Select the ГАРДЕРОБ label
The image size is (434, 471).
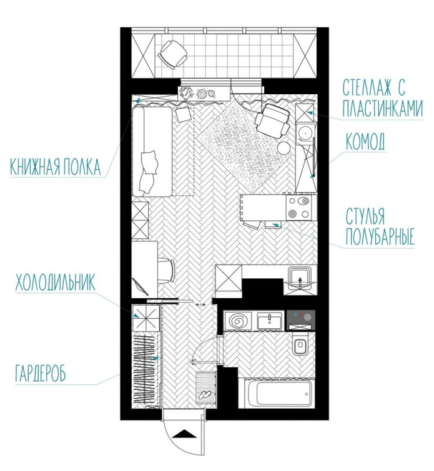point(39,375)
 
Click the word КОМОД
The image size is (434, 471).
point(366,142)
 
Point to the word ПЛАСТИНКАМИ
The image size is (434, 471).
point(379,110)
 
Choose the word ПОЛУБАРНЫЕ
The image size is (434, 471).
point(380,238)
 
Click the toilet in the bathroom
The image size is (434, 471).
point(300,345)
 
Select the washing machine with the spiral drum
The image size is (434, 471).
point(239,321)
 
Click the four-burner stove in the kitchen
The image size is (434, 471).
point(298,208)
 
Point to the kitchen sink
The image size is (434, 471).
point(299,278)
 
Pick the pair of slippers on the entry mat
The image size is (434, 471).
point(204,394)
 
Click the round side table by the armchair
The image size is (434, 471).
point(284,148)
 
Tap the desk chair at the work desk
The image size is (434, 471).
point(167,271)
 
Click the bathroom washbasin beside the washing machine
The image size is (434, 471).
point(270,321)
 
